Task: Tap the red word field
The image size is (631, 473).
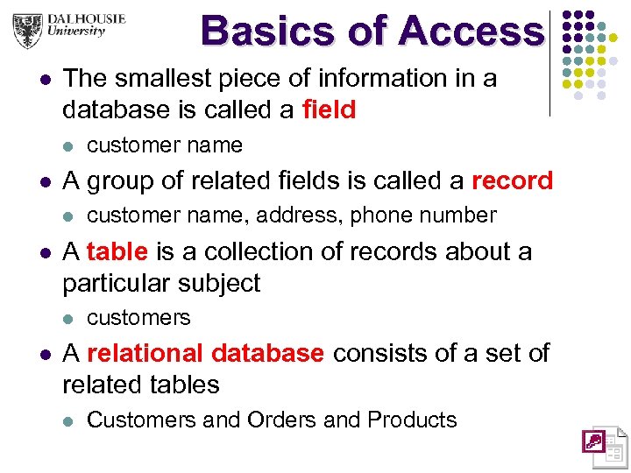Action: click(329, 110)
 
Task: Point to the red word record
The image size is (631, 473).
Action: click(512, 180)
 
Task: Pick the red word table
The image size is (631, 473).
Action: click(117, 251)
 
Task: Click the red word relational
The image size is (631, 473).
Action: click(145, 353)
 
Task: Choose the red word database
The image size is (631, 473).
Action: click(267, 353)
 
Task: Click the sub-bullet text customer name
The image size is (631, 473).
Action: click(165, 145)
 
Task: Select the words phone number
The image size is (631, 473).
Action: click(423, 215)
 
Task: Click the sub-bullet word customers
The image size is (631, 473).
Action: click(138, 317)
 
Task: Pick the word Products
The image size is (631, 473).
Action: click(412, 420)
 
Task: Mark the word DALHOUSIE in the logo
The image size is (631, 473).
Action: click(88, 18)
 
